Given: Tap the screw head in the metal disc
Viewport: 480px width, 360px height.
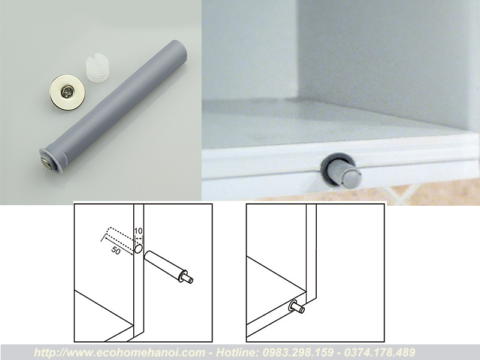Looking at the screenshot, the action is point(67,92).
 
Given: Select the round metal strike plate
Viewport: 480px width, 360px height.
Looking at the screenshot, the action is point(67,92).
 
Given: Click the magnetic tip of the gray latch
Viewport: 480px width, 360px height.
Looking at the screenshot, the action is point(47,163).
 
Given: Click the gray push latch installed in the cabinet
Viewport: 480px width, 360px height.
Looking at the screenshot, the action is point(342,170).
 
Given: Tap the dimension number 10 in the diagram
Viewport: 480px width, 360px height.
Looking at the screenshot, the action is point(139,230).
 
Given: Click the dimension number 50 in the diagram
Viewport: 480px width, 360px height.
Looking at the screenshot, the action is point(116,250).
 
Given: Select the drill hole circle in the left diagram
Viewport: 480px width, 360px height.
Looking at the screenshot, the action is point(139,248).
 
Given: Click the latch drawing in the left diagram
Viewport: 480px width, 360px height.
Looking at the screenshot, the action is point(169,266).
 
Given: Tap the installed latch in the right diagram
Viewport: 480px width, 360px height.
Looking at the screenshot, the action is point(296,307).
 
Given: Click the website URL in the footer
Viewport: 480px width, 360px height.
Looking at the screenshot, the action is point(119,352).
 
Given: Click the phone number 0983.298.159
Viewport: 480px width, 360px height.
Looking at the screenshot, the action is point(298,352).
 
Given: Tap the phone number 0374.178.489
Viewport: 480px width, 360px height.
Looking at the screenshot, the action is point(380,352).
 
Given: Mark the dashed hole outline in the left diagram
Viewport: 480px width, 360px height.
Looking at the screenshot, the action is point(121,238).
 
